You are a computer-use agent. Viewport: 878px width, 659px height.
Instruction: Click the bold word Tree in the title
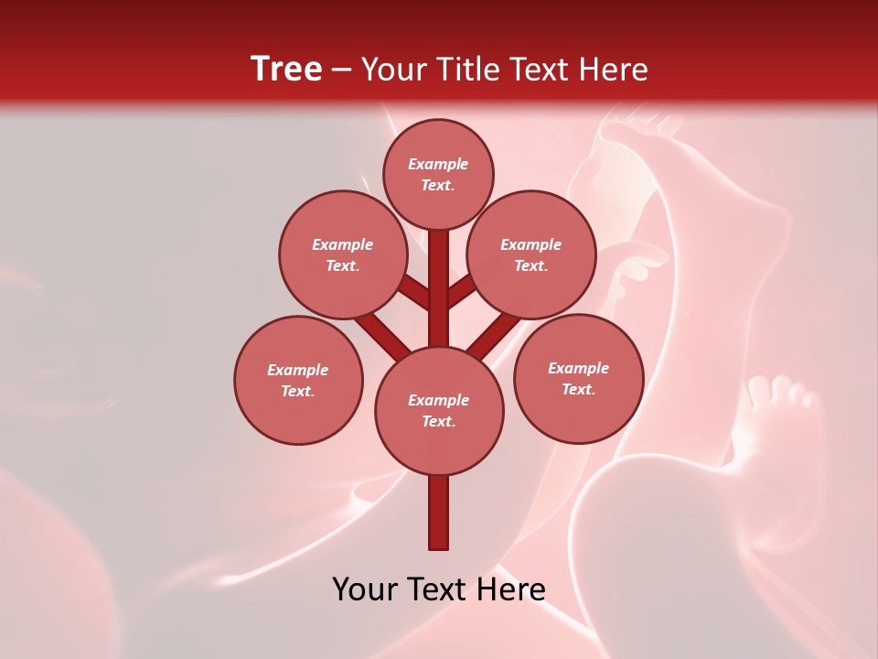tap(286, 69)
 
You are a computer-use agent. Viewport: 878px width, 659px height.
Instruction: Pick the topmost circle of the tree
tap(438, 174)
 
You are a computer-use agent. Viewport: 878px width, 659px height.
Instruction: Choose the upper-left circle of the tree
tap(342, 254)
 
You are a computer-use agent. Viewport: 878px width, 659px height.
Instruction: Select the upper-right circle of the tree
tap(530, 254)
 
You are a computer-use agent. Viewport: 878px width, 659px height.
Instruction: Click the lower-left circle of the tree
tap(298, 380)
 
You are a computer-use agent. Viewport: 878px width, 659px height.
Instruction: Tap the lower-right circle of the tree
tap(578, 378)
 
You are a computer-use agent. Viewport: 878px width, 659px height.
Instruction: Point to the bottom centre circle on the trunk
tap(439, 410)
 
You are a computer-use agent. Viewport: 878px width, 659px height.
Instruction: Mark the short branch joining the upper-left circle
tap(414, 291)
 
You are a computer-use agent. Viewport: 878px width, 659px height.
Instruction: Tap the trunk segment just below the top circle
tap(439, 265)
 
